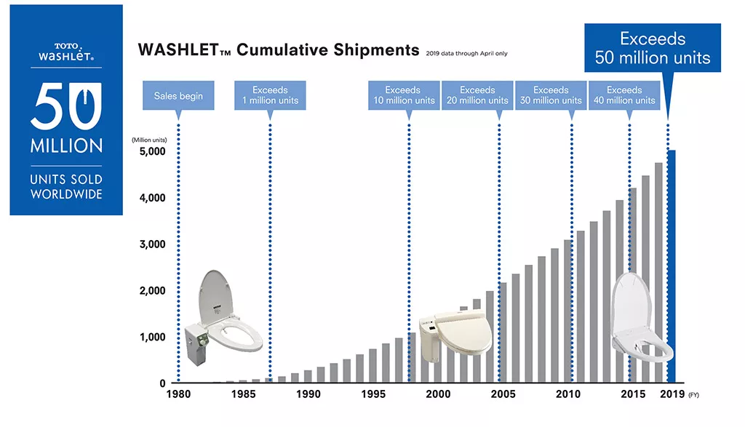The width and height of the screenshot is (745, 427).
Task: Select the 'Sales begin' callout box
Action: [178, 96]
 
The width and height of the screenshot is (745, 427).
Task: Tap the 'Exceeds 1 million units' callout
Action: [270, 95]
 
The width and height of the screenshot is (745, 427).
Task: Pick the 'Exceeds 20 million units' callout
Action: [477, 95]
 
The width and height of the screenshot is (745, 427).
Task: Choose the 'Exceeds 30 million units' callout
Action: [551, 95]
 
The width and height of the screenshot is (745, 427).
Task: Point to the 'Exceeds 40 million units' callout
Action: [624, 95]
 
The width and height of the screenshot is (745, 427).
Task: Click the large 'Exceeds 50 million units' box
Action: [653, 48]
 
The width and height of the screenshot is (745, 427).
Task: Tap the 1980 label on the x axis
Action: [179, 394]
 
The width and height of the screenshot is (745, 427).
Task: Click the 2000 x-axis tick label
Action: [438, 394]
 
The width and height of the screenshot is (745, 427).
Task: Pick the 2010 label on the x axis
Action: [568, 394]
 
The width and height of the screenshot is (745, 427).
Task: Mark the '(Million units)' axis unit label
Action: [149, 139]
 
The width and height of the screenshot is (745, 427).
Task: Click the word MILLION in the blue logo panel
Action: [66, 145]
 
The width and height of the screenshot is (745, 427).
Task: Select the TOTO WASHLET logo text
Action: [66, 51]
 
